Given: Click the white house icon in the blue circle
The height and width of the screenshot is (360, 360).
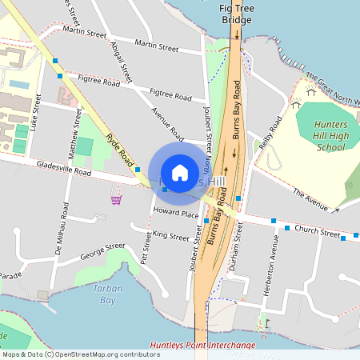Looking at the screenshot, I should click(180, 172).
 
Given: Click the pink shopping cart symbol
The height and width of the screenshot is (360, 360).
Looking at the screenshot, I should click(117, 198).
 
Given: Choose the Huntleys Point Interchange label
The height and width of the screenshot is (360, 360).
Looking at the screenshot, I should click(202, 346).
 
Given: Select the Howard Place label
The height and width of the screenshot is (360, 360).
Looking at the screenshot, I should click(175, 214).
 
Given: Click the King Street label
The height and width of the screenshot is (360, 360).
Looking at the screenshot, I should click(170, 235).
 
